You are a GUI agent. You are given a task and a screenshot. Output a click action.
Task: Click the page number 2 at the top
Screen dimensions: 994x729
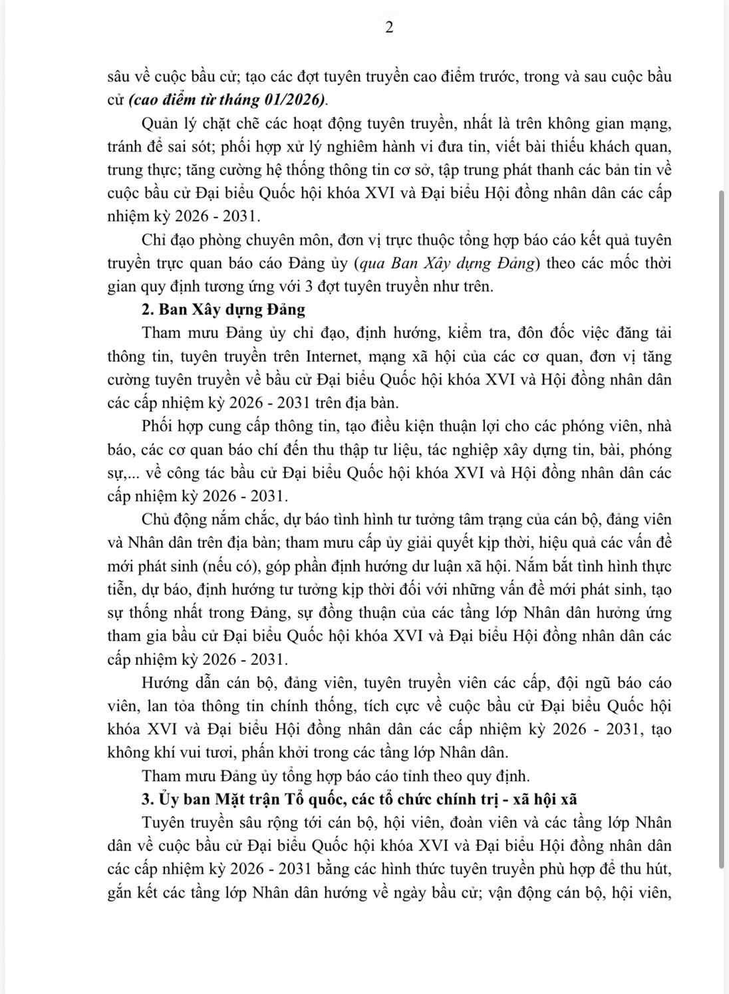pyautogui.click(x=390, y=28)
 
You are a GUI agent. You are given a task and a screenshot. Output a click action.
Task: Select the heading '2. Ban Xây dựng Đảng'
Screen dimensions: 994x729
pyautogui.click(x=223, y=309)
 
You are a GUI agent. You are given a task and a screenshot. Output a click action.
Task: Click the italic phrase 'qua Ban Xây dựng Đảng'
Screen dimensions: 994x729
pyautogui.click(x=450, y=263)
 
